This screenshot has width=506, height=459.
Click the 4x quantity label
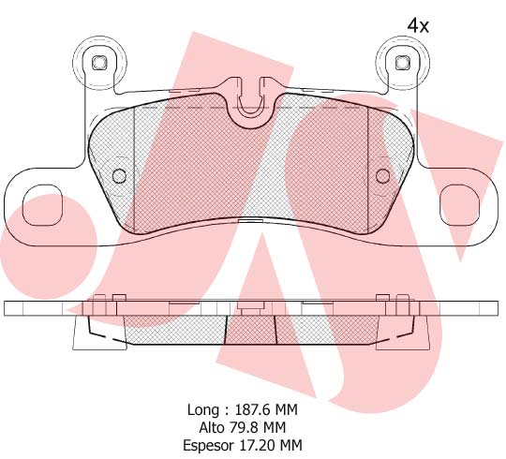click(418, 26)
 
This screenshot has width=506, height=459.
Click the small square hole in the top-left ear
click(97, 63)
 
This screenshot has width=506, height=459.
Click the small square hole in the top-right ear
click(401, 63)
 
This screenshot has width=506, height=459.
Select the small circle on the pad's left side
click(118, 176)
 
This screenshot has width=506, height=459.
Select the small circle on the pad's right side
click(382, 176)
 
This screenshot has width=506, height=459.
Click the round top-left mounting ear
click(97, 63)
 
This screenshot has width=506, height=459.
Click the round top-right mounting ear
click(401, 63)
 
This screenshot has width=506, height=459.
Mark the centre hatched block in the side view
click(250, 329)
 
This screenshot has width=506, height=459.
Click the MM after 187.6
click(293, 409)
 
